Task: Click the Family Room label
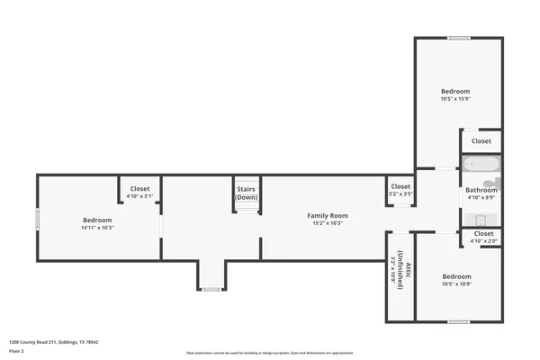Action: click(328, 215)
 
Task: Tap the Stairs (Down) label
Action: click(247, 193)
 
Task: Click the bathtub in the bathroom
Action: click(481, 166)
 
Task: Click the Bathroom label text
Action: click(481, 190)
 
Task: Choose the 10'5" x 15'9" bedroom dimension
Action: click(454, 99)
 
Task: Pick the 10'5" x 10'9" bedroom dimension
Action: click(456, 284)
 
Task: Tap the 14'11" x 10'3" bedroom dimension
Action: click(97, 228)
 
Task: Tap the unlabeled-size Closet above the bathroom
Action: click(481, 141)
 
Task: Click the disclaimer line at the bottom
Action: click(269, 353)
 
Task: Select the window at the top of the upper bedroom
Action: click(458, 38)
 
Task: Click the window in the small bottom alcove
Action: click(211, 289)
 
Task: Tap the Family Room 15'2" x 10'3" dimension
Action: click(328, 223)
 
